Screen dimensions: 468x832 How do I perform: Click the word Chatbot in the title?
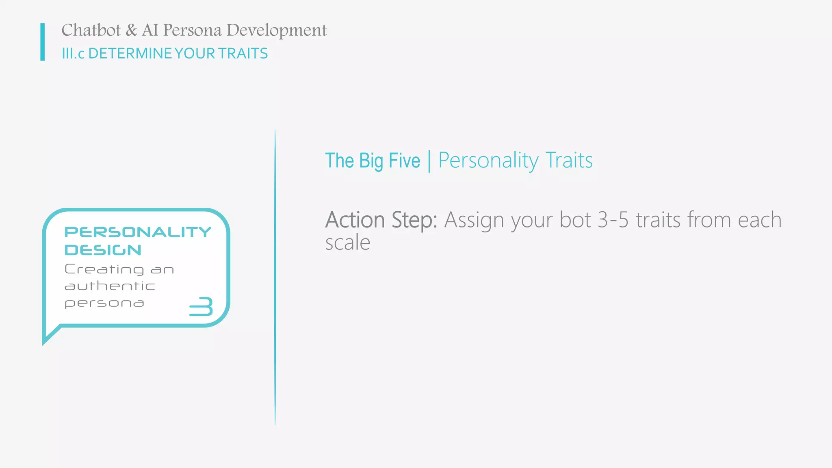click(91, 30)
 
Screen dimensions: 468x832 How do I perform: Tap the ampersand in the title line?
click(131, 30)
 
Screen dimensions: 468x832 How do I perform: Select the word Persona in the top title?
click(192, 30)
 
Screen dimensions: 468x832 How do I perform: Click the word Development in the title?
click(276, 30)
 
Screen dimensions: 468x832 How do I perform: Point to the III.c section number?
click(73, 54)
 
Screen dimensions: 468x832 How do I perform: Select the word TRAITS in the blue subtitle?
click(243, 54)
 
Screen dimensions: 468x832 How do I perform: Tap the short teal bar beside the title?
click(43, 42)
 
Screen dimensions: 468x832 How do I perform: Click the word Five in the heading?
click(404, 160)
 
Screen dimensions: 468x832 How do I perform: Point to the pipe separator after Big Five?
click(429, 161)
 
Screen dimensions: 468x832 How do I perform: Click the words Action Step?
click(381, 220)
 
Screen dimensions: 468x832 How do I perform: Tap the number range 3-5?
click(613, 220)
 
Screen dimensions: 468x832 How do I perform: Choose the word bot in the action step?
click(575, 220)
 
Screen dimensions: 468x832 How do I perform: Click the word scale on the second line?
click(348, 243)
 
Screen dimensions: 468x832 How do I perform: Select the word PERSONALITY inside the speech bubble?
click(138, 232)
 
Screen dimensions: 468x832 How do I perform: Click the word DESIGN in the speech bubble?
click(103, 250)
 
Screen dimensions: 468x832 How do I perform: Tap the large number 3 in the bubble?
click(201, 306)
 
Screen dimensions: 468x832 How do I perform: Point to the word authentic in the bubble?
click(110, 286)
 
